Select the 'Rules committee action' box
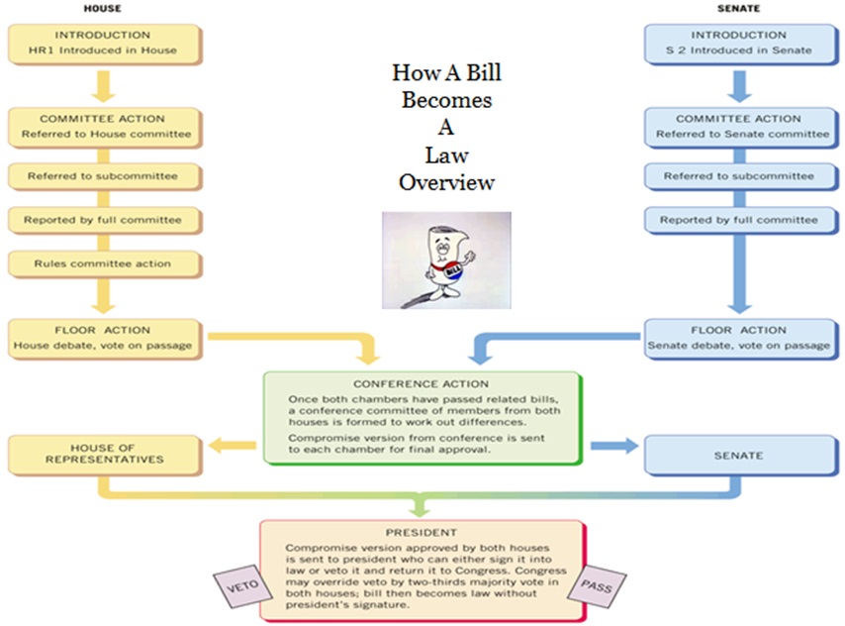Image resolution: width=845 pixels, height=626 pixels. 103,263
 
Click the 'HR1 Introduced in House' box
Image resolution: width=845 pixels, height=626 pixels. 103,43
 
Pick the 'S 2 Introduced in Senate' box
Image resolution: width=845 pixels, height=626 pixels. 739,43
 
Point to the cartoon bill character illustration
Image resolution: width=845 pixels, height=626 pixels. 446,259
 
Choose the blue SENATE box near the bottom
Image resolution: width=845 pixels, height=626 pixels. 739,456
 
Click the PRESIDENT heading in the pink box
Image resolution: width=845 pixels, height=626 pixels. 421,531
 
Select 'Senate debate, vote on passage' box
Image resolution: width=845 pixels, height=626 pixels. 739,338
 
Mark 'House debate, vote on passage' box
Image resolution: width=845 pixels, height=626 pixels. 103,338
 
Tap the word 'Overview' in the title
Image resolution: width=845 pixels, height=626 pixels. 445,183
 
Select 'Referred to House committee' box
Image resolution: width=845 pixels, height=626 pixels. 103,126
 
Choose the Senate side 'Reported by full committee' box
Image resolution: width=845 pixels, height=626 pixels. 739,219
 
